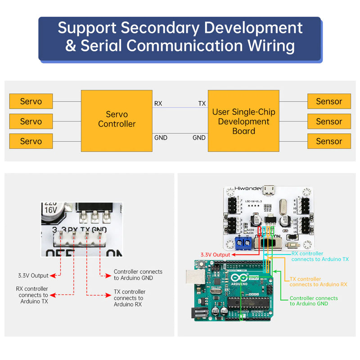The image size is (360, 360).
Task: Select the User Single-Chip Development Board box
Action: (x=243, y=121)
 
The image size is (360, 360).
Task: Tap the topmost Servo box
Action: (x=31, y=101)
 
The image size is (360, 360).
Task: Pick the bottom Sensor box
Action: (x=329, y=141)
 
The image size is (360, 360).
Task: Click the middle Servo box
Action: (x=31, y=121)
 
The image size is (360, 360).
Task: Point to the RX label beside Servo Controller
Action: (x=158, y=103)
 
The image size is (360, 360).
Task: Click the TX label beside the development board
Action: (x=202, y=103)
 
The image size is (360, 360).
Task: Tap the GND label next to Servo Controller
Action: (x=161, y=138)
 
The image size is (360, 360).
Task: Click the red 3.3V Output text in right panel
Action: (x=215, y=255)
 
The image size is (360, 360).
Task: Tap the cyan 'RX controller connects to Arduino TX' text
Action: (x=320, y=256)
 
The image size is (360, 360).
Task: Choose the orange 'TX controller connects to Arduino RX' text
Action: (x=318, y=282)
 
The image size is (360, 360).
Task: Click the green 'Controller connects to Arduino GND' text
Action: (x=314, y=301)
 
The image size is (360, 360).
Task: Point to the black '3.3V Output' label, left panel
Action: (x=33, y=275)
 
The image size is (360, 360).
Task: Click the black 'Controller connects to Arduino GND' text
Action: (x=138, y=275)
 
